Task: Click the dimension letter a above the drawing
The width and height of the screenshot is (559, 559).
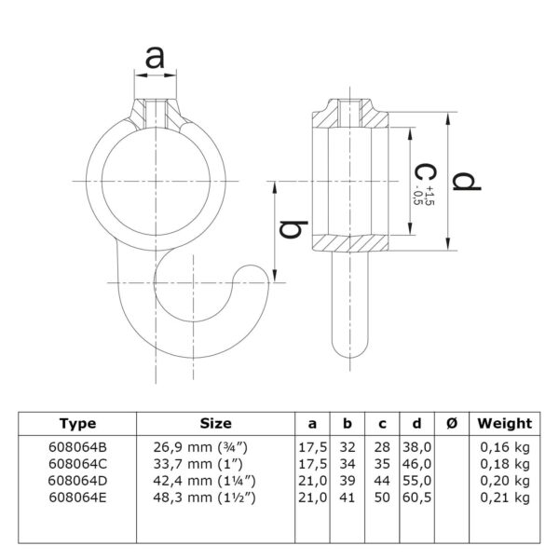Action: coord(155,58)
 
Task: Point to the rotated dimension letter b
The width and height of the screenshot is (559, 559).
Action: coord(293,229)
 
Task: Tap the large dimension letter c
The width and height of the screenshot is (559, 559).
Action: coord(426,172)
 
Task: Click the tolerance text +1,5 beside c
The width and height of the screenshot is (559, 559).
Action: coord(429,196)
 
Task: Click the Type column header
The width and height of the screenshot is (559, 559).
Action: coord(78,424)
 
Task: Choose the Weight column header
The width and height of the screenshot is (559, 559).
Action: coord(505,424)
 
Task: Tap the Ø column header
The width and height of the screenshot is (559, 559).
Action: coord(452,424)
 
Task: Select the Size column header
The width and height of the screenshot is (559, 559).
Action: coord(216,424)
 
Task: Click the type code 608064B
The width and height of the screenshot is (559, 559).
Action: coord(77,447)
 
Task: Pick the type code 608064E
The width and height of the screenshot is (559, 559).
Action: coord(77,498)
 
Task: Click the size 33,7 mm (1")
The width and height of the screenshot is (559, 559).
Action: coord(198,464)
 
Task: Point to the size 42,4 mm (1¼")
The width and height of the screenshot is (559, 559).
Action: coord(205,481)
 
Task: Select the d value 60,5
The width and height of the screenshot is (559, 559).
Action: coord(417,498)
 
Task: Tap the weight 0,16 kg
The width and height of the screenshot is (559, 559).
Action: coord(505,447)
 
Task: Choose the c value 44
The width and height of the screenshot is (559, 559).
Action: coord(382,481)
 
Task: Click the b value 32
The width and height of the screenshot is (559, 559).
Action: coord(348,447)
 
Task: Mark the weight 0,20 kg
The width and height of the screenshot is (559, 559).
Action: coord(505,482)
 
